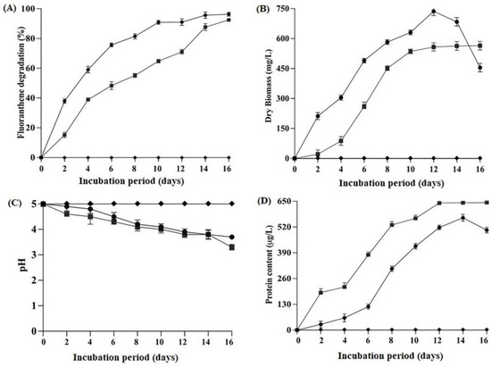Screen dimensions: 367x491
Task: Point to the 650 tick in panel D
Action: (286, 203)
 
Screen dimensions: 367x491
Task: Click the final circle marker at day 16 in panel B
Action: (480, 67)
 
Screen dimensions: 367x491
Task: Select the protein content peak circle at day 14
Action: (462, 217)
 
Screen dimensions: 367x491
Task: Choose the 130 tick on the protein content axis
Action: (286, 304)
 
